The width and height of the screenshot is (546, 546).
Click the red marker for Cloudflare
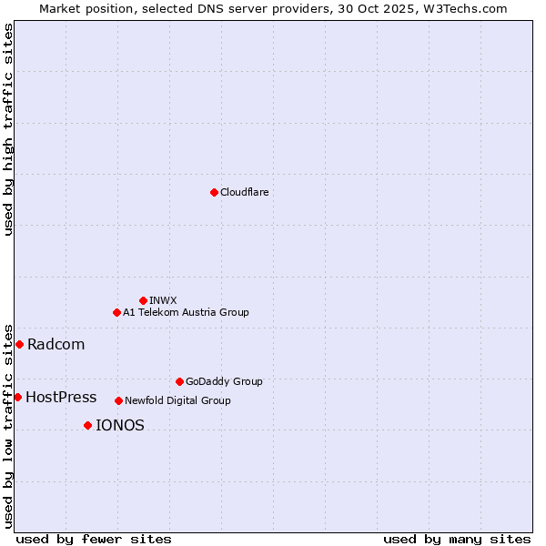pos(214,192)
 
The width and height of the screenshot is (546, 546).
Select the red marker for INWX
pos(143,300)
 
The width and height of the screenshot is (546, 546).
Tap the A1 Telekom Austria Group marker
pos(116,312)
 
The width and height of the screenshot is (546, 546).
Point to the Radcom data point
pos(19,344)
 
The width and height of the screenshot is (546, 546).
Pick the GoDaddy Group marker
pos(179,381)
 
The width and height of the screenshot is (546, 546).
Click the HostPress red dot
pos(17,397)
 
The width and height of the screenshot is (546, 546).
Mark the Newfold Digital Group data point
pos(118,400)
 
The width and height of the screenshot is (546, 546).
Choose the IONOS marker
pos(87,425)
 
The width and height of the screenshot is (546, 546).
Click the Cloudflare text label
pos(244,192)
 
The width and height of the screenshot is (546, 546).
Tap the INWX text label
pos(163,300)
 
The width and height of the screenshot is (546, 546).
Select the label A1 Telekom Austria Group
pos(186,312)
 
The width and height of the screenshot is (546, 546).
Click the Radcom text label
pos(56,344)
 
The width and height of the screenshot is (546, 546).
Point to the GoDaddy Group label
pos(224,381)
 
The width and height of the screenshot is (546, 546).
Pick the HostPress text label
pos(61,397)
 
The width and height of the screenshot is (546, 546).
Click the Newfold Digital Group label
pos(177,400)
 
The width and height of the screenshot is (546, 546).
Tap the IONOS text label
pos(119,425)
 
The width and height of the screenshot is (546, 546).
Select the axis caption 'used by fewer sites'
pos(94,539)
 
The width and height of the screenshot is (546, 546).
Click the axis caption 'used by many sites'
pos(457,539)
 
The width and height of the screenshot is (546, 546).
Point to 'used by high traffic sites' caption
pos(8,129)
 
